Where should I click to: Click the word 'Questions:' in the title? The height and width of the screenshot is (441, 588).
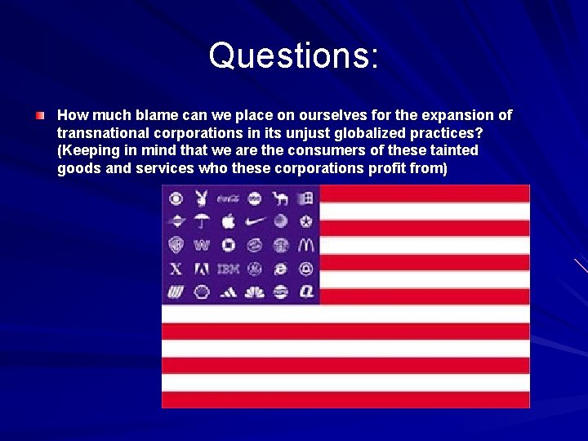tap(293, 56)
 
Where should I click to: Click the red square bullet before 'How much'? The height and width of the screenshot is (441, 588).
tap(40, 116)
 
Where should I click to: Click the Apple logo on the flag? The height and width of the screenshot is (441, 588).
tap(228, 220)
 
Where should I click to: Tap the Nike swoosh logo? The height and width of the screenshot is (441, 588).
tap(255, 220)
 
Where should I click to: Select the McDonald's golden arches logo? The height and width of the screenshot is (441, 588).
tap(306, 244)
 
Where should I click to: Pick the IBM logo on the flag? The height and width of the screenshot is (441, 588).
tap(228, 268)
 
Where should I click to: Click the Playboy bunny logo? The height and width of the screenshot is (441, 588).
tap(201, 198)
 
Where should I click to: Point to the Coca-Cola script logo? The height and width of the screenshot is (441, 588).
tap(228, 198)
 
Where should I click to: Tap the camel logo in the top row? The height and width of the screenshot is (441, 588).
tap(280, 198)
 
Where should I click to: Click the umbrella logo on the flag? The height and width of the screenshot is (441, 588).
tap(201, 220)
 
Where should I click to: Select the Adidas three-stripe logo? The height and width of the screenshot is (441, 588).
tap(228, 292)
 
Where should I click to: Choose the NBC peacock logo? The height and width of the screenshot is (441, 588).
tap(255, 292)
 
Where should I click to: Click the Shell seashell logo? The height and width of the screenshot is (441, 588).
tap(201, 292)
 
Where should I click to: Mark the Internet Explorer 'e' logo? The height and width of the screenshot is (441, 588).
tap(280, 268)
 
